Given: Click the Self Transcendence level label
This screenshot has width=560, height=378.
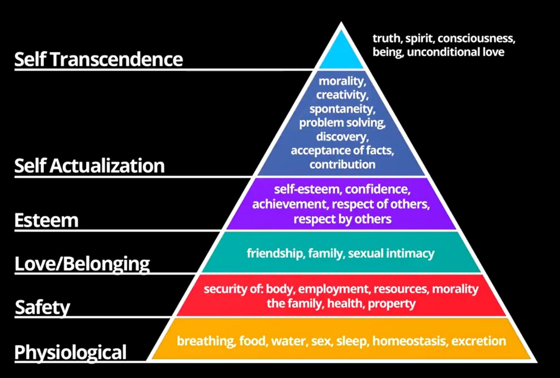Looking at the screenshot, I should (99, 59).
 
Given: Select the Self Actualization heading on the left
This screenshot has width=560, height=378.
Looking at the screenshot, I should (89, 166).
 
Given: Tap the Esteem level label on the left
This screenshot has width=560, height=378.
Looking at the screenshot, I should (46, 220).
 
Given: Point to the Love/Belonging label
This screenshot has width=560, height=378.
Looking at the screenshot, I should (82, 263).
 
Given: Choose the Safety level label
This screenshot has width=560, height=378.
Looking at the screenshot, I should (42, 307).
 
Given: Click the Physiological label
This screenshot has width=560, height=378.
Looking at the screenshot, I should (70, 352).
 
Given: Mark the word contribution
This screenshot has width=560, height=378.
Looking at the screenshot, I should (342, 164).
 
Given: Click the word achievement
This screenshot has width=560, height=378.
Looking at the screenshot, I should (290, 204).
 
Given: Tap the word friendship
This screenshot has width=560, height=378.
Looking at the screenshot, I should (275, 253).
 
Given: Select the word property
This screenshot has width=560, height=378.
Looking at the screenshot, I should (392, 304).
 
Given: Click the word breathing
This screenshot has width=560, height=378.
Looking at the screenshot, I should (206, 341).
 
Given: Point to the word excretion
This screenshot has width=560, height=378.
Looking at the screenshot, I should (478, 341).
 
